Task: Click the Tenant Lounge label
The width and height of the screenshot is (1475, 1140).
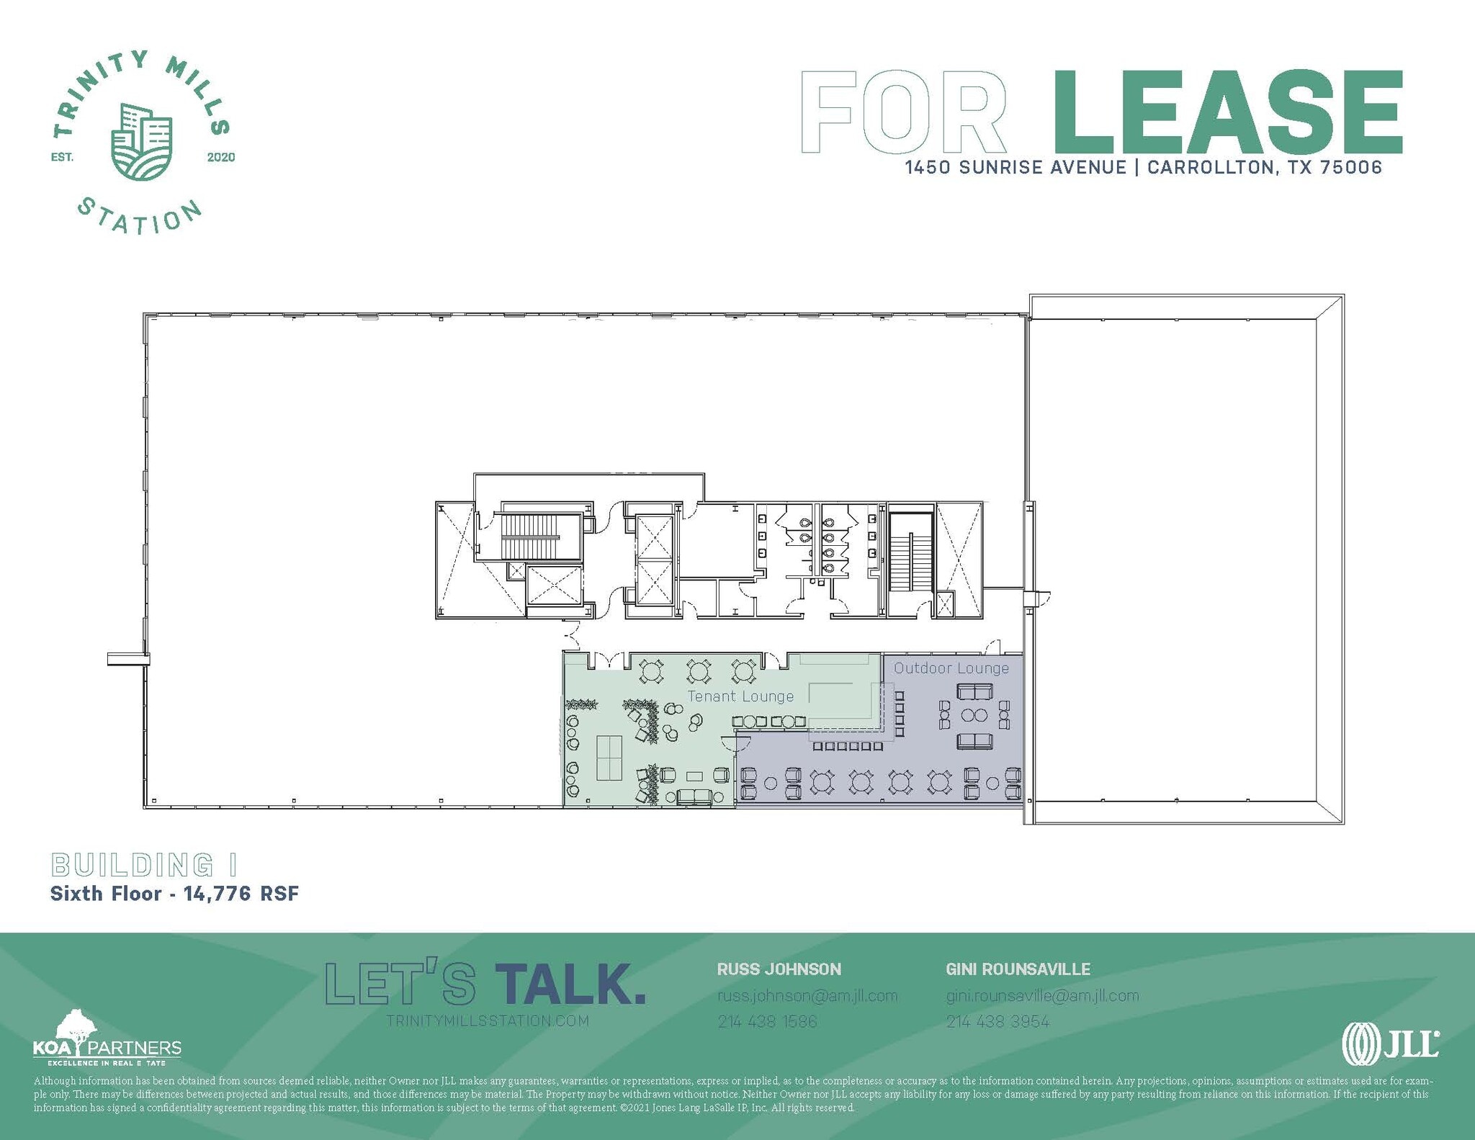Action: click(740, 696)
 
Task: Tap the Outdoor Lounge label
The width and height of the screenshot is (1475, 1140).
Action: click(951, 668)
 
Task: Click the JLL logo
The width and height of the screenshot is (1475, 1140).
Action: click(1390, 1043)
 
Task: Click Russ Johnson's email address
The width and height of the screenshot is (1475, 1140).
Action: click(807, 996)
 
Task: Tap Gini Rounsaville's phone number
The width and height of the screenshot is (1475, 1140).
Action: click(997, 1021)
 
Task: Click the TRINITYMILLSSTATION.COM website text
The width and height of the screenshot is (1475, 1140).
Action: click(488, 1020)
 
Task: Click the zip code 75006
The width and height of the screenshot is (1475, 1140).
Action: click(1351, 168)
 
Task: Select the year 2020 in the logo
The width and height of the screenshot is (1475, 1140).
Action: click(221, 157)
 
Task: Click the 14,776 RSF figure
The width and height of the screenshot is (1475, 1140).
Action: click(241, 894)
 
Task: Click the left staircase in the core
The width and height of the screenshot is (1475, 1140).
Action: click(531, 537)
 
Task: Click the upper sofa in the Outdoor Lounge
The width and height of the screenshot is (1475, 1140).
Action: click(974, 692)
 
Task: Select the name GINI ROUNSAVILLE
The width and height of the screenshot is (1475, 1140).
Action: click(1018, 969)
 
